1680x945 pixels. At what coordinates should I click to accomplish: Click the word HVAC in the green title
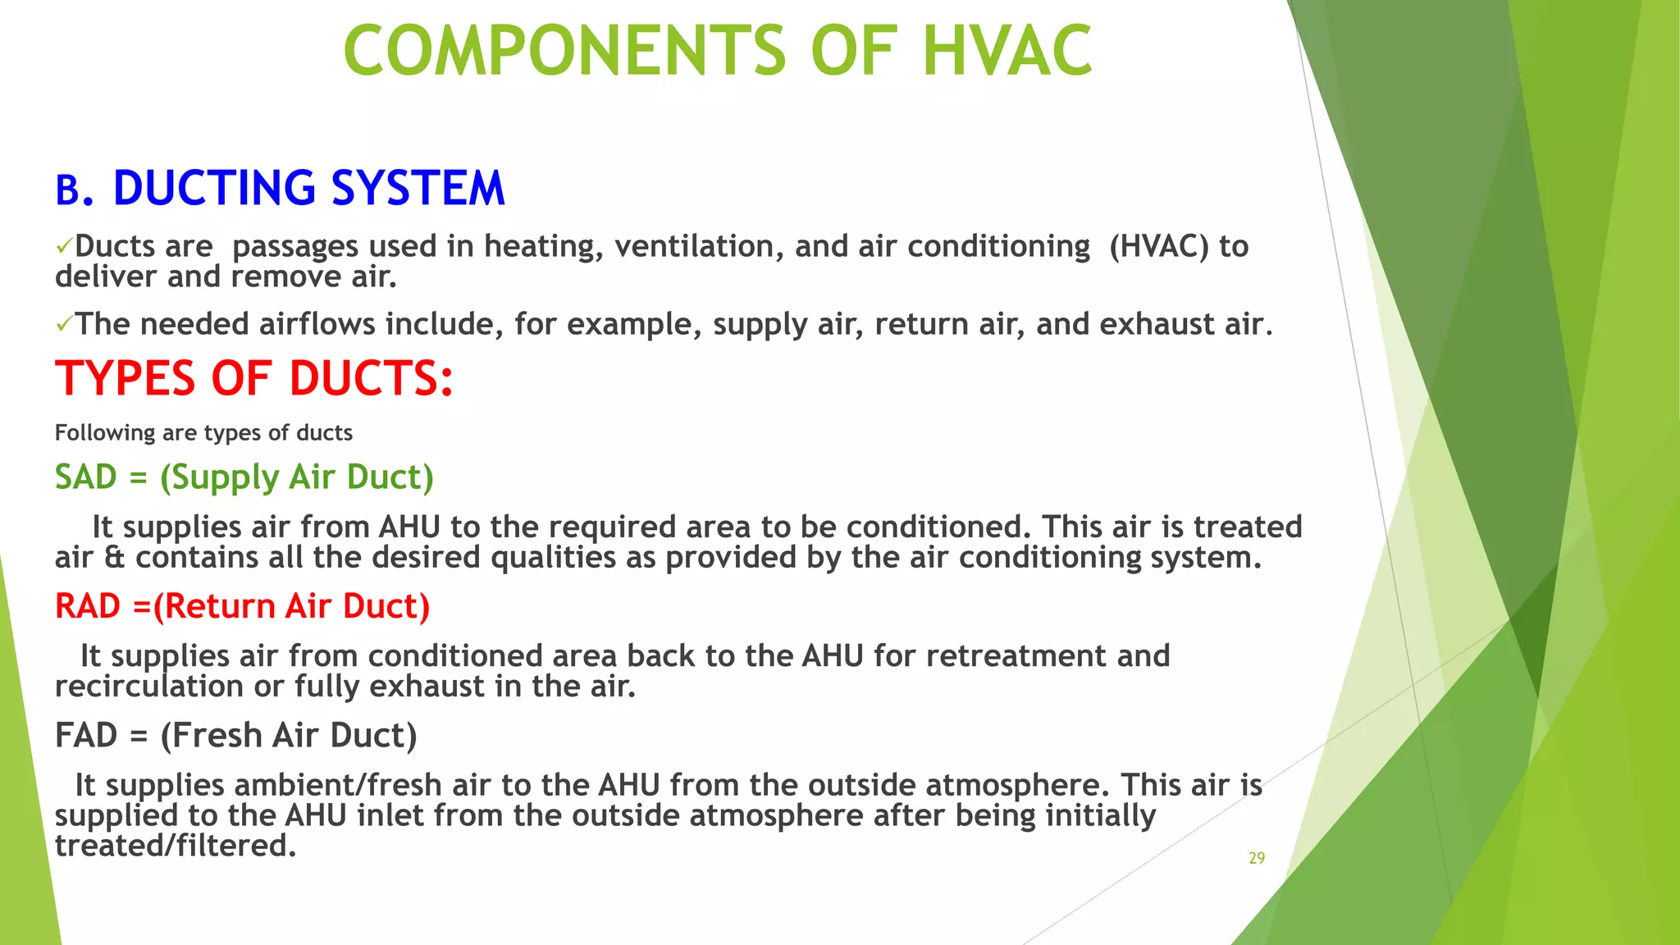pos(1007,51)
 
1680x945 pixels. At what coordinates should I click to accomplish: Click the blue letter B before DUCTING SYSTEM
pos(68,190)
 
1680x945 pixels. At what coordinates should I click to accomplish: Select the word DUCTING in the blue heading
pos(214,188)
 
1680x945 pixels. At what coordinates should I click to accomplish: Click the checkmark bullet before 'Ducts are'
pos(63,246)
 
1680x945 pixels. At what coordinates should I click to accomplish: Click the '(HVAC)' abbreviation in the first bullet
pos(1158,246)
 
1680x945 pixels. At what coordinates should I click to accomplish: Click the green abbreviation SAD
pos(86,477)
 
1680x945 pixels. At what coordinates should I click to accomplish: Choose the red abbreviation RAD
pos(88,606)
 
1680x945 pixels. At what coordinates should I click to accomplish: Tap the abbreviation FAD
pos(86,735)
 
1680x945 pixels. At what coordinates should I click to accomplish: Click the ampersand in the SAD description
pos(115,558)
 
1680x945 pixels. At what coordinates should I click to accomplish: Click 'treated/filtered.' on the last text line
pos(175,846)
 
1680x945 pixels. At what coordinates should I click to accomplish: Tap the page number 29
pos(1257,858)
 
